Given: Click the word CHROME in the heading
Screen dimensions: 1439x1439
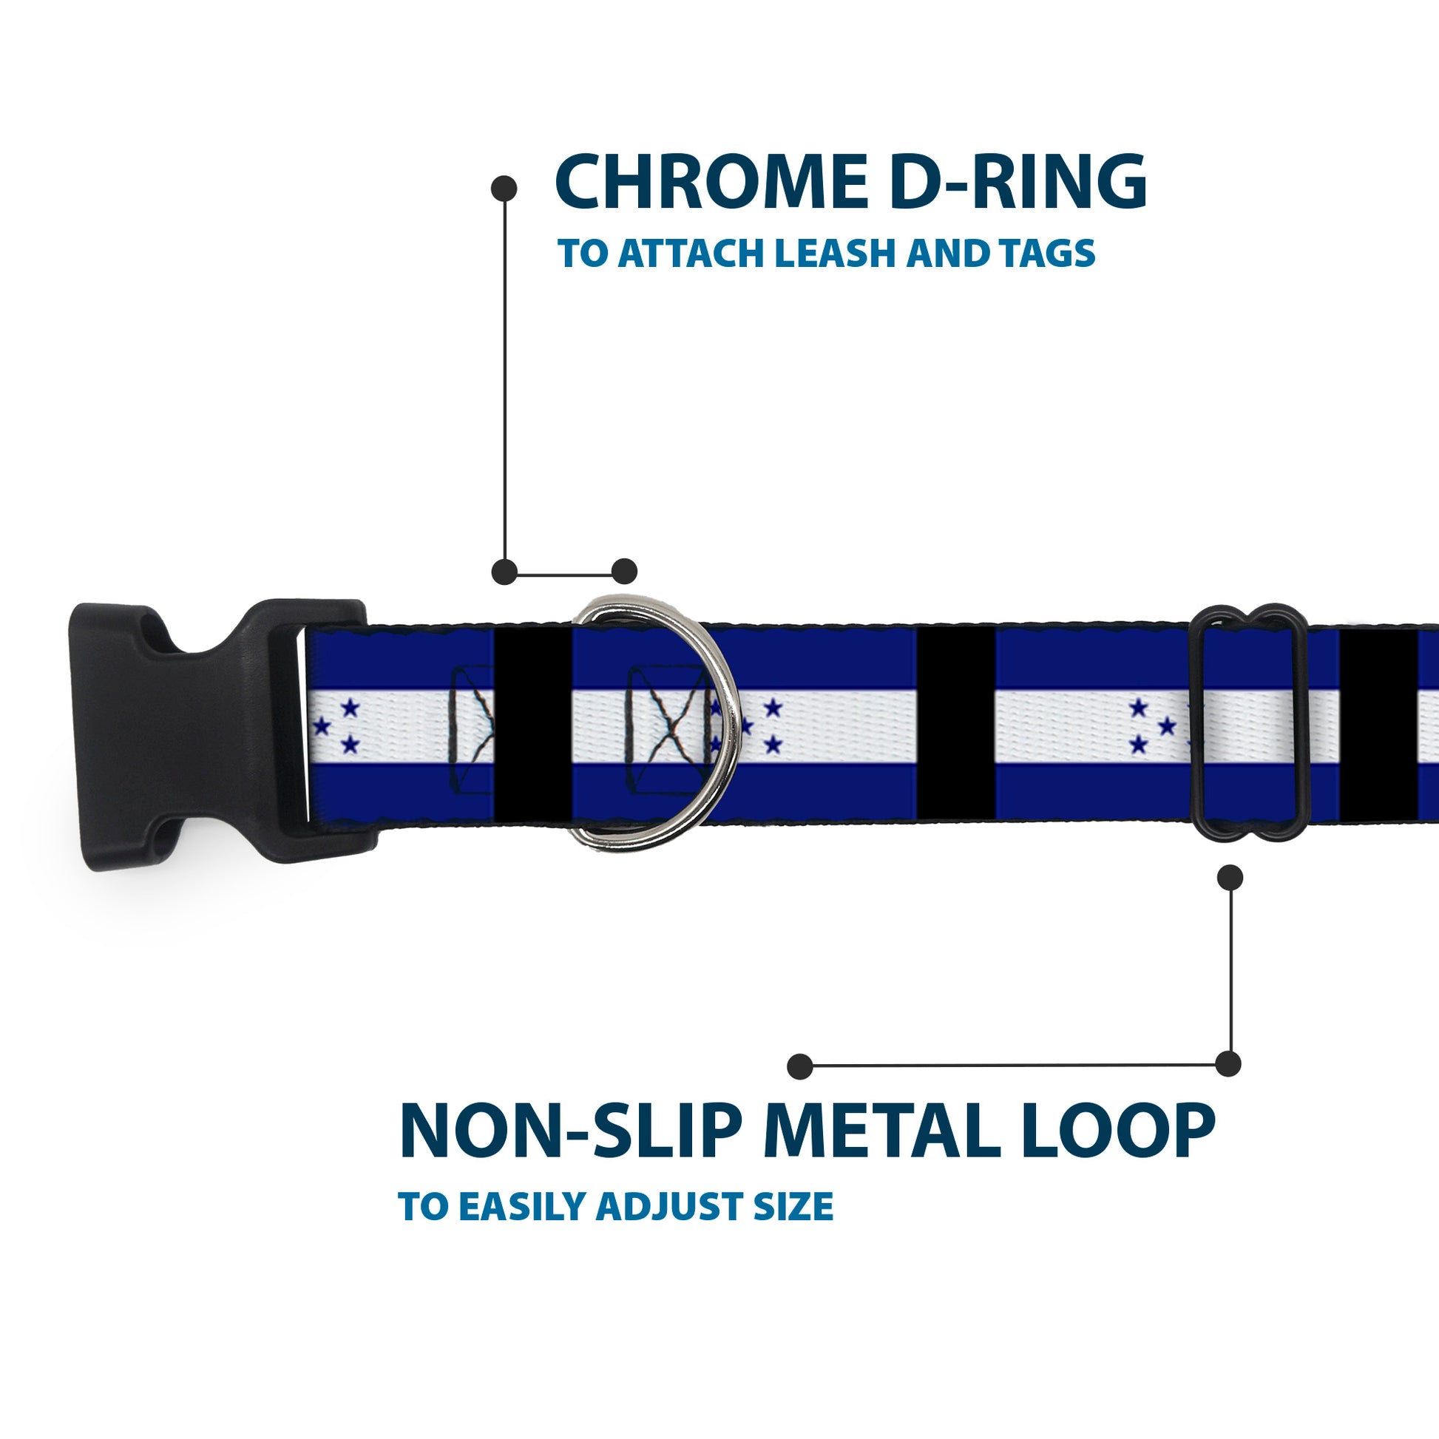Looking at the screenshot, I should (711, 182).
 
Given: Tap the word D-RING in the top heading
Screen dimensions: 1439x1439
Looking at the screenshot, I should (1018, 182).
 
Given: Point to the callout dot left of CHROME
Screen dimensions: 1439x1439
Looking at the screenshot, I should (504, 189).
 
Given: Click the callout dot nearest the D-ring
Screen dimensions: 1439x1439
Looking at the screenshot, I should (624, 572).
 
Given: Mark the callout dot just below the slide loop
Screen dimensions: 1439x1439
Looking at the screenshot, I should (1230, 878).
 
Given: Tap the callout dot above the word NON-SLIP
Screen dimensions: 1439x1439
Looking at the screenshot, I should (800, 1066).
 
